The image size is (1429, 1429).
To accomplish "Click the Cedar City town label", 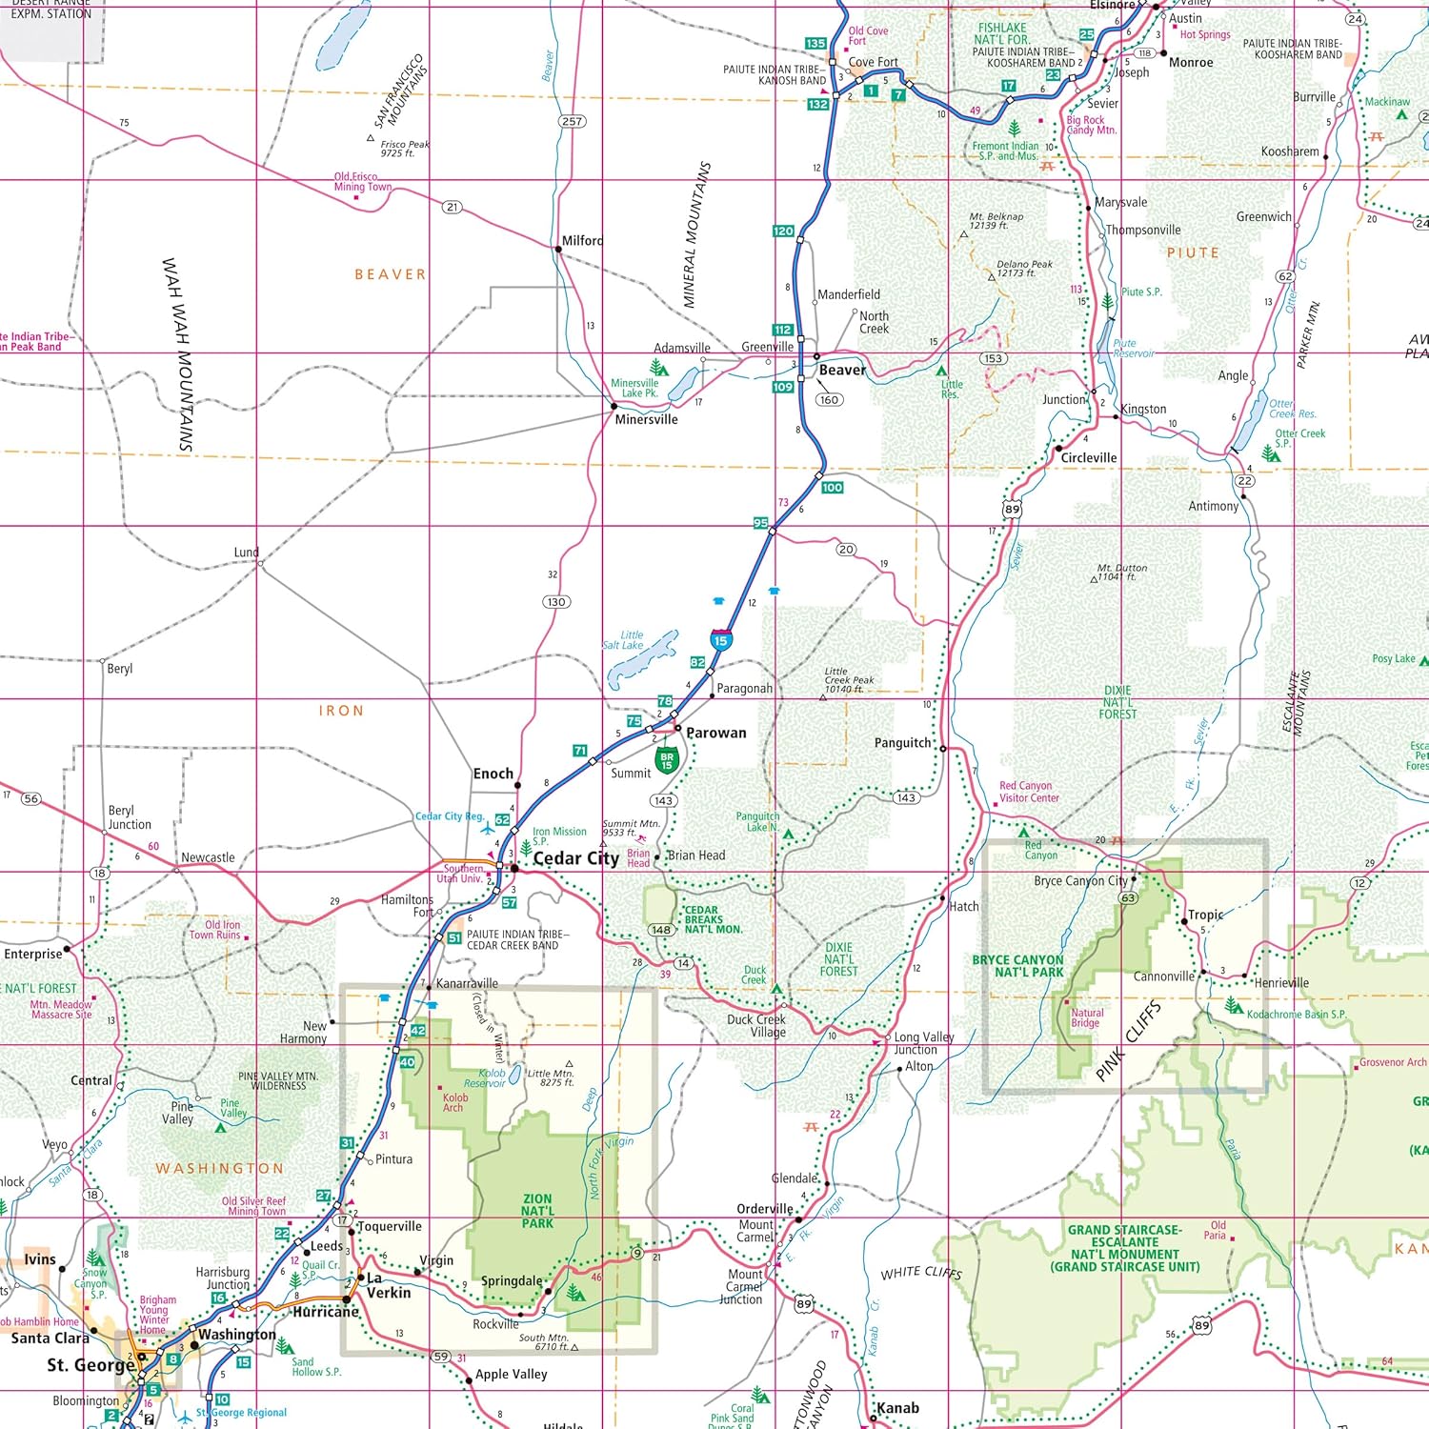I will coord(575,858).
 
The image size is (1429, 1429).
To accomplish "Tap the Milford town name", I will coord(582,241).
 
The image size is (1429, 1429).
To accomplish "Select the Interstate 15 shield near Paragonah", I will coord(721,640).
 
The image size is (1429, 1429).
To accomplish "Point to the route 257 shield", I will coord(572,121).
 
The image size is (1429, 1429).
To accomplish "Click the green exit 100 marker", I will coord(832,487).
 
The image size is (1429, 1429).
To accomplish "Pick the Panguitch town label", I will coord(902,743).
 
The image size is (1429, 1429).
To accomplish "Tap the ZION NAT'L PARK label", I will coord(537,1211).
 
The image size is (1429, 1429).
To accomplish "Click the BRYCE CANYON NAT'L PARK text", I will coord(1017,966).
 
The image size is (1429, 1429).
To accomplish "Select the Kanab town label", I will coord(897,1408).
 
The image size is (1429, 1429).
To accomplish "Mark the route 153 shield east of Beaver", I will coord(993,358).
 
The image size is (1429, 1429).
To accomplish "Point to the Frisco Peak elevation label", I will coord(404,149).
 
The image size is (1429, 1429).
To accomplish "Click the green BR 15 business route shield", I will coord(667,760).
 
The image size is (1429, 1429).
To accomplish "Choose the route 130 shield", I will coord(556,601).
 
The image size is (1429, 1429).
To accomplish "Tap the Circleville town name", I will coord(1089,457).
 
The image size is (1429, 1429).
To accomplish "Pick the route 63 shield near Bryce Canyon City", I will coord(1128,897).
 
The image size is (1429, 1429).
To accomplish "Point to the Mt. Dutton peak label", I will coord(1121,572).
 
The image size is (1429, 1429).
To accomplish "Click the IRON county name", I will coord(341,711).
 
